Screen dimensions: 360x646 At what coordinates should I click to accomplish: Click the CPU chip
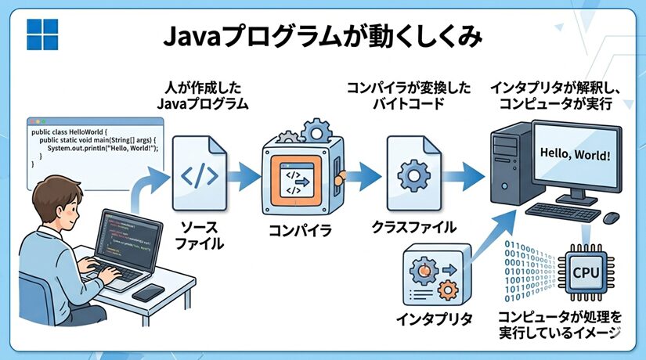586,272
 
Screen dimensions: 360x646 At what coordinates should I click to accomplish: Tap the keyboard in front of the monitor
564,211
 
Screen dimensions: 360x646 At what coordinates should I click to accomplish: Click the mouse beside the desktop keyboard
612,216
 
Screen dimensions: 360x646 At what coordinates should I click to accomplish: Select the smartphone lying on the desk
148,291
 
